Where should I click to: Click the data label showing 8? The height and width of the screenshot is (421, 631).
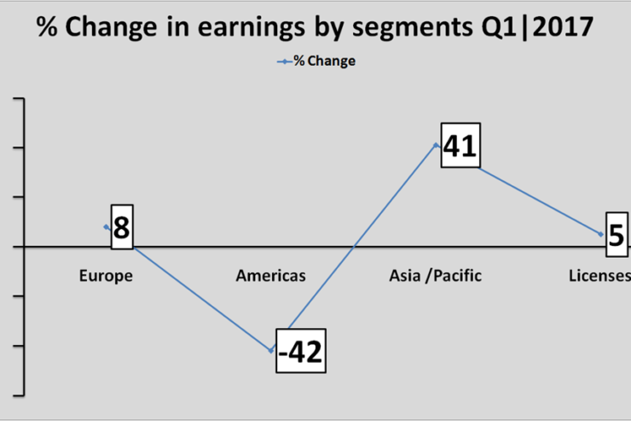click(x=122, y=227)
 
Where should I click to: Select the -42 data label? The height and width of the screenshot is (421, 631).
click(x=301, y=351)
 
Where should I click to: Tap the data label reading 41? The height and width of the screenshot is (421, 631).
click(x=460, y=145)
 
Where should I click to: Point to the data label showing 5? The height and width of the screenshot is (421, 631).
click(x=617, y=235)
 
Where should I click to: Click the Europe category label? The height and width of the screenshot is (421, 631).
click(x=106, y=276)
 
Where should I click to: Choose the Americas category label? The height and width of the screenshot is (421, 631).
click(x=271, y=276)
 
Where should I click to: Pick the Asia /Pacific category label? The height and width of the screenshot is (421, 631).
click(x=436, y=276)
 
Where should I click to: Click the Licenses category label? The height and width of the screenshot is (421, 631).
click(x=599, y=276)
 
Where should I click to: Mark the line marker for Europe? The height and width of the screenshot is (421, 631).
click(x=107, y=227)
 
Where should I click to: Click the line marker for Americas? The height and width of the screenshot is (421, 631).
click(x=271, y=350)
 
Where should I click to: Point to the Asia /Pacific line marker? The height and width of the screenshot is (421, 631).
click(x=436, y=144)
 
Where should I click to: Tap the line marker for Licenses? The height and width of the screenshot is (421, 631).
click(x=601, y=234)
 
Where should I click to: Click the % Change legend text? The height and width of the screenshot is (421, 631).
click(x=324, y=61)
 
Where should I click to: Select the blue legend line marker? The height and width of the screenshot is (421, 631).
click(x=285, y=61)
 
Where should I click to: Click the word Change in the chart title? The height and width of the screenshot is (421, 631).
click(x=111, y=27)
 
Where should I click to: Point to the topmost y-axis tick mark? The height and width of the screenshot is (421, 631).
click(x=19, y=98)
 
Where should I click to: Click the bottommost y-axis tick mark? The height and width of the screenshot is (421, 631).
click(x=19, y=395)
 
